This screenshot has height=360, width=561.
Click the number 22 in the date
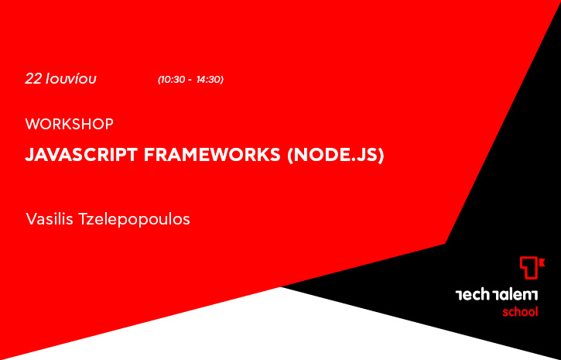(x=33, y=79)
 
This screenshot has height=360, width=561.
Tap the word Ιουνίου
(x=71, y=79)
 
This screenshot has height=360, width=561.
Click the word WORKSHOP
(x=70, y=124)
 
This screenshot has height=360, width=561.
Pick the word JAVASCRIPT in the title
(x=81, y=155)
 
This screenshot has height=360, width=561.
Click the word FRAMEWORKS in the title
(x=212, y=155)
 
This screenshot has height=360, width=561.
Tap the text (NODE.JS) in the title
(x=336, y=156)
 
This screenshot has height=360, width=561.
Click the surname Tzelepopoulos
(x=133, y=220)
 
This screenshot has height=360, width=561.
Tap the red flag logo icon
(x=532, y=268)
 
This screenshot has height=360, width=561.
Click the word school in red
(x=520, y=312)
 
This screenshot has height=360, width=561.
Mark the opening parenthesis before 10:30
(x=159, y=80)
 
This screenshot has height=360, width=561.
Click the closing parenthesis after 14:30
(x=222, y=80)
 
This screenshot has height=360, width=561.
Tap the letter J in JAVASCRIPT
(x=29, y=155)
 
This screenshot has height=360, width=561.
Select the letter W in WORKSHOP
(x=32, y=124)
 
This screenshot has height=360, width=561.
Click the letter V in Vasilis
(x=31, y=219)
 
